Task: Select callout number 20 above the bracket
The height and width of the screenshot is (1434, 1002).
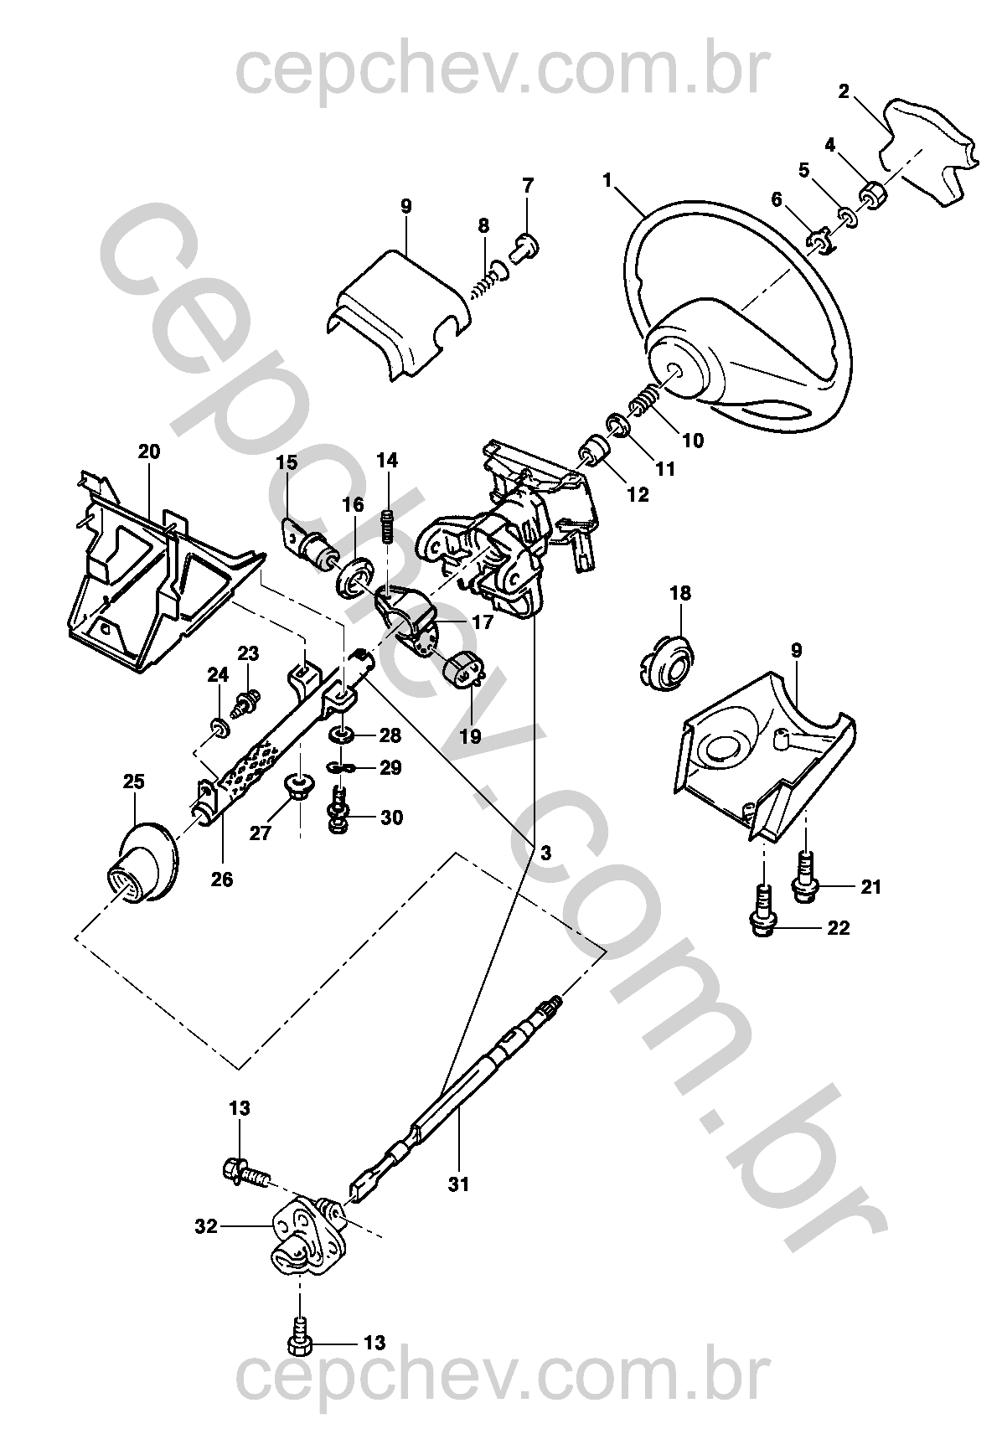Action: [x=149, y=452]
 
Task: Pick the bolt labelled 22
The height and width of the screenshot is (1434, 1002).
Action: [x=762, y=912]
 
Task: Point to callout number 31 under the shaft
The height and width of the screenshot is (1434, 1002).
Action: [x=458, y=1184]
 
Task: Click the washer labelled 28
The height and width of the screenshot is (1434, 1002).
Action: [x=341, y=735]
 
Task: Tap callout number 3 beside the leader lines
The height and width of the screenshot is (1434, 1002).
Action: [x=545, y=853]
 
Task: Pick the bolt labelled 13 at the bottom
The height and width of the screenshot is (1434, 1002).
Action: [x=299, y=1344]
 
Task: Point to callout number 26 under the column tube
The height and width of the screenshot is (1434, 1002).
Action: [x=222, y=879]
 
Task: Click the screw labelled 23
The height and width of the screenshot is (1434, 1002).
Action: [x=246, y=698]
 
